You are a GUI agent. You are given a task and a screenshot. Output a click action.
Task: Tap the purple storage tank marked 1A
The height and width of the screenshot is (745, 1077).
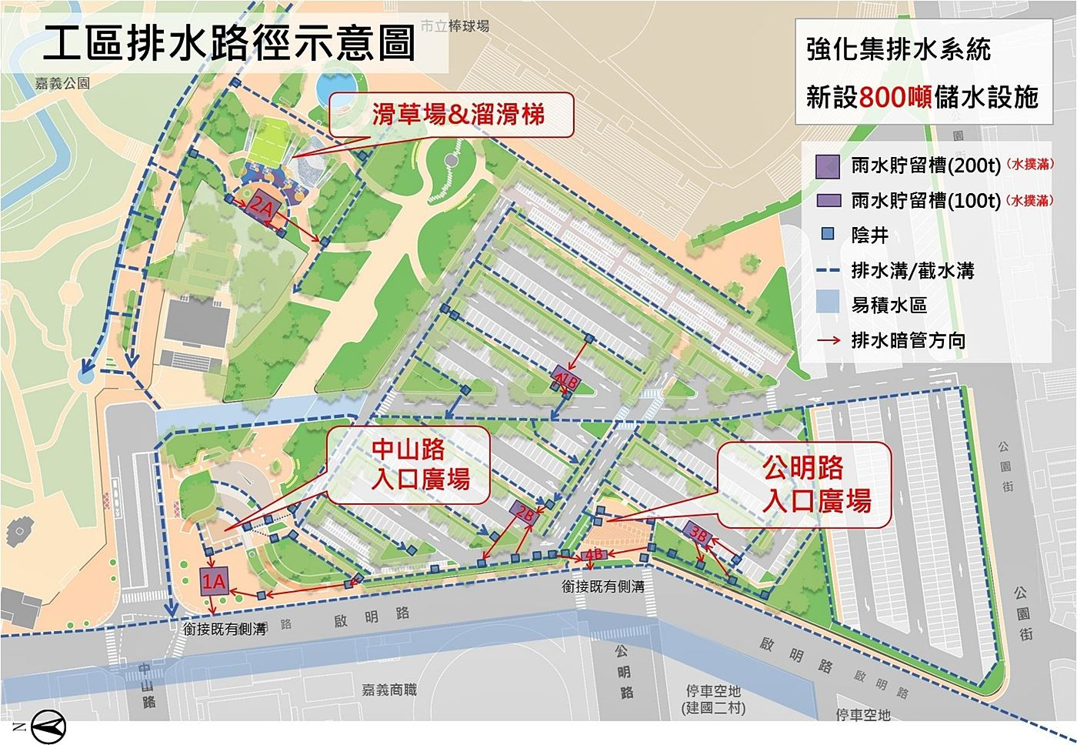215,580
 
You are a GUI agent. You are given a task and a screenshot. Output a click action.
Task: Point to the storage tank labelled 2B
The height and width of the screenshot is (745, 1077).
525,513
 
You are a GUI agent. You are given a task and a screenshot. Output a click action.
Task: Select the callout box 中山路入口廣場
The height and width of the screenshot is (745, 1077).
410,464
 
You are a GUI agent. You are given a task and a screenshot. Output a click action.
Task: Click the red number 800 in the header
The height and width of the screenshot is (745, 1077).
885,97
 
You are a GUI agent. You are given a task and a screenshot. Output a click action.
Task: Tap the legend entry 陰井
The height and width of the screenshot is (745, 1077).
869,236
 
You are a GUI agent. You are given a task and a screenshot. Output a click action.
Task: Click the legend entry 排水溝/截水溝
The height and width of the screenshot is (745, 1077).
912,271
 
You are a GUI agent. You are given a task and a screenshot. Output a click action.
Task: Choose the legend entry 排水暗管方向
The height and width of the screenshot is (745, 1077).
908,340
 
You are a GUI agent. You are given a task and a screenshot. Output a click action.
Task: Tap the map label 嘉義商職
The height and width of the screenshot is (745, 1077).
389,690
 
